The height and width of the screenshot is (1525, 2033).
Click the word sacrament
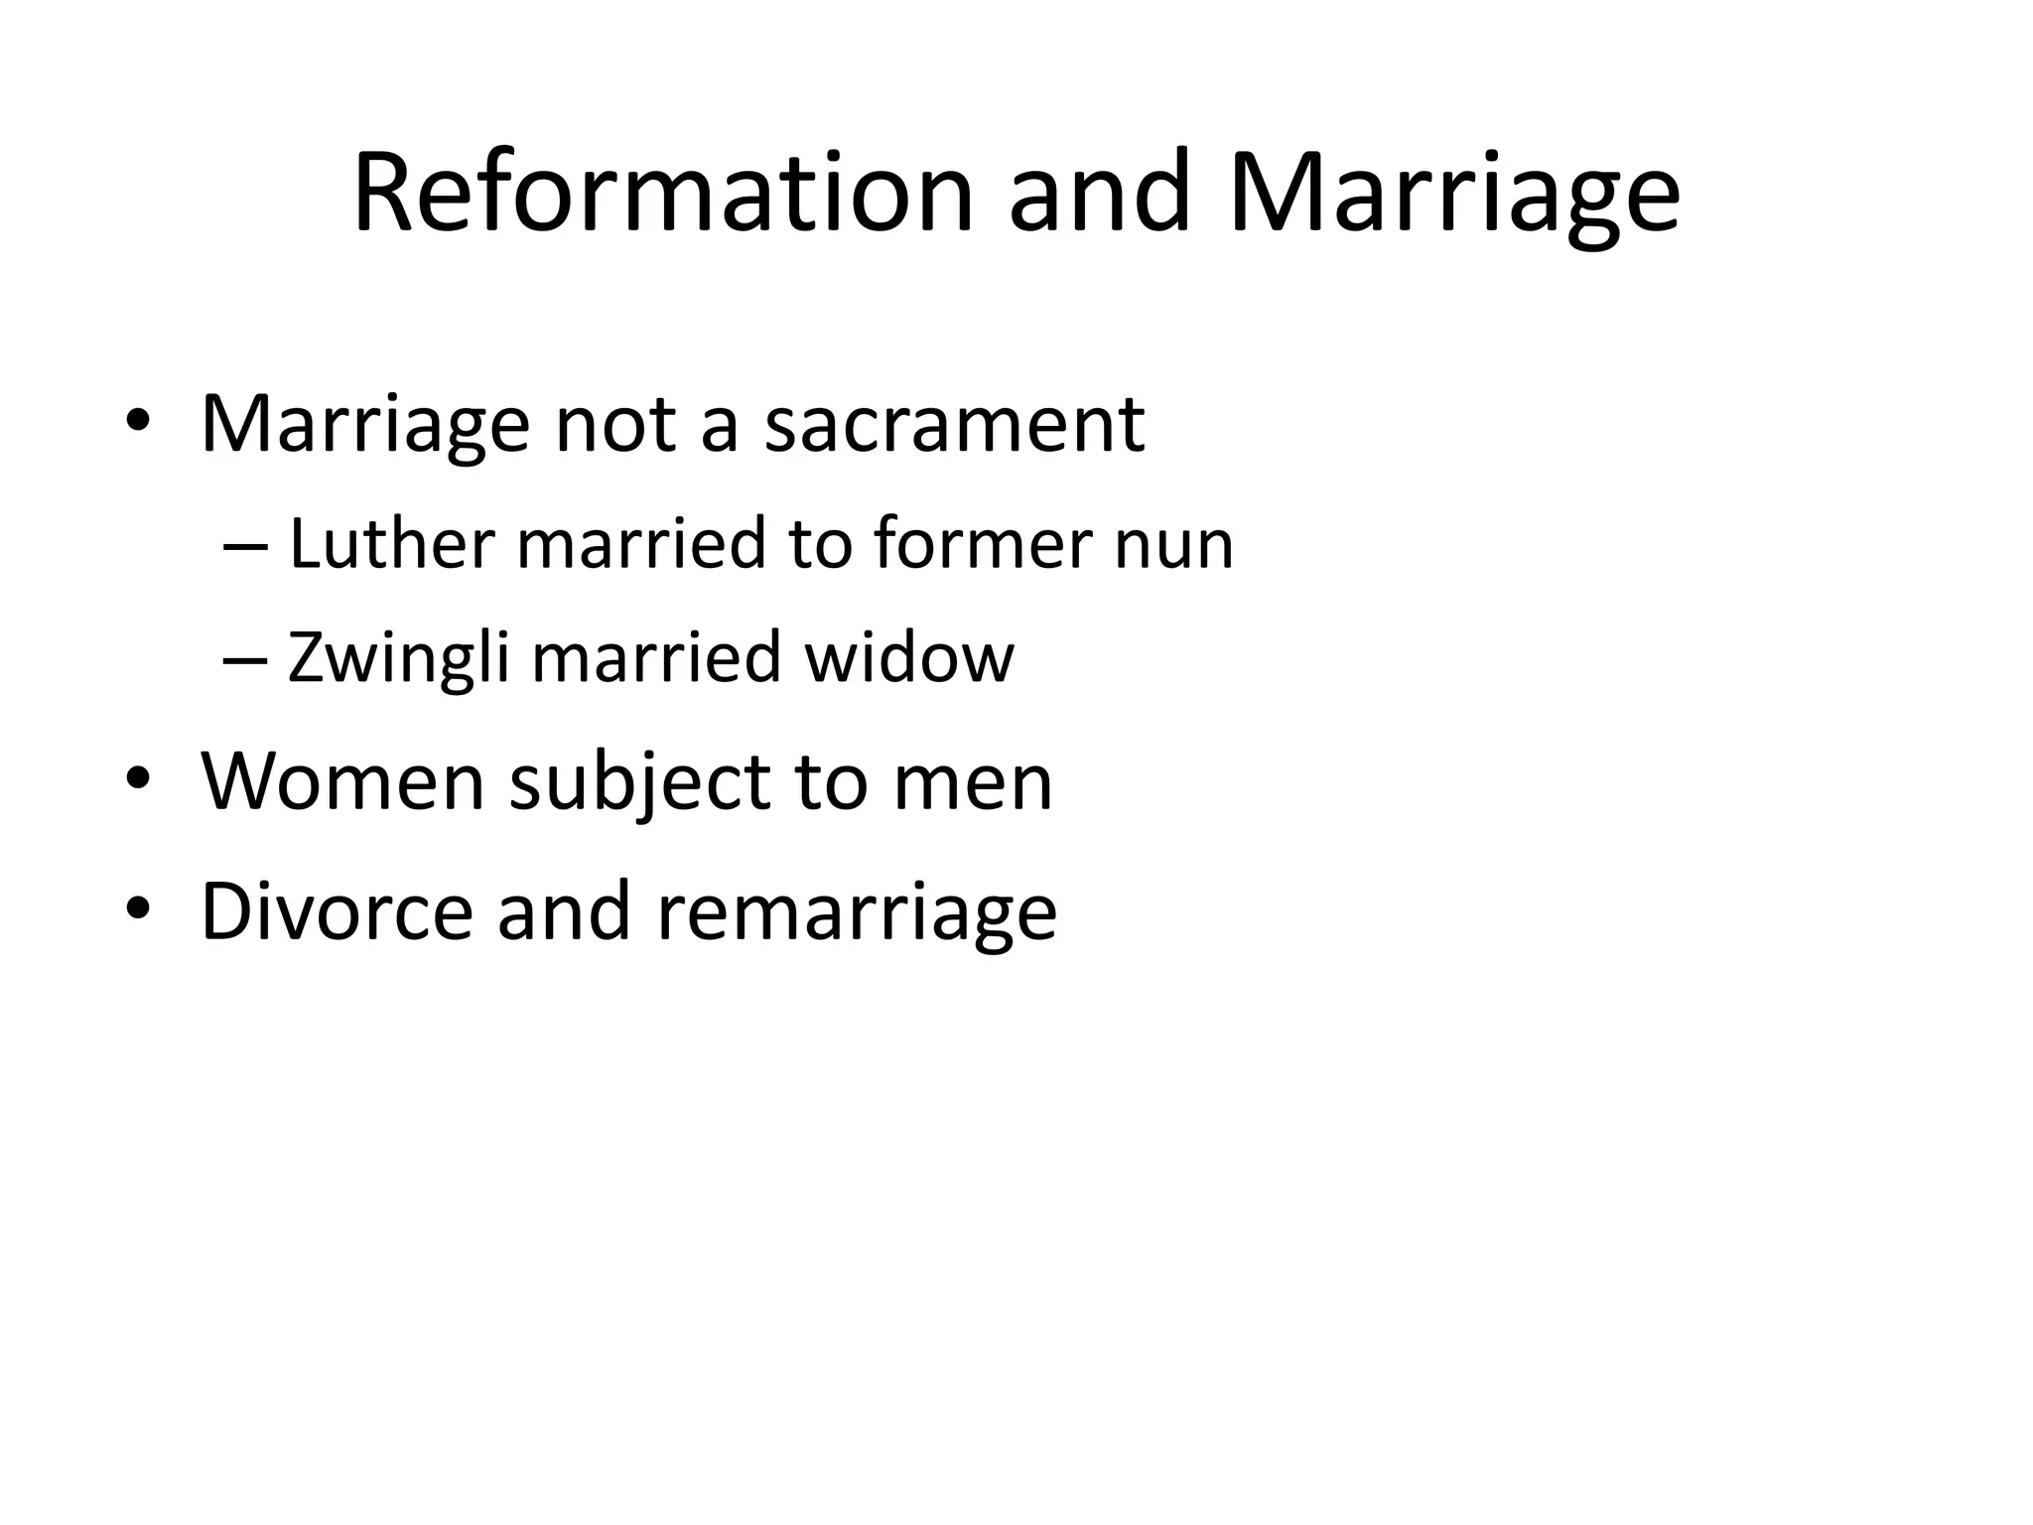coord(954,425)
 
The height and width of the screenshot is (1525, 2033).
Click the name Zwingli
coord(398,659)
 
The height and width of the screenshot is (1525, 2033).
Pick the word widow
coord(909,657)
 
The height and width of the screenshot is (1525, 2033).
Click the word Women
coord(342,782)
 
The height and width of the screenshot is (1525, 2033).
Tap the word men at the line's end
coord(972,784)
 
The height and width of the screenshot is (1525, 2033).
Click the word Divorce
coord(337,911)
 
